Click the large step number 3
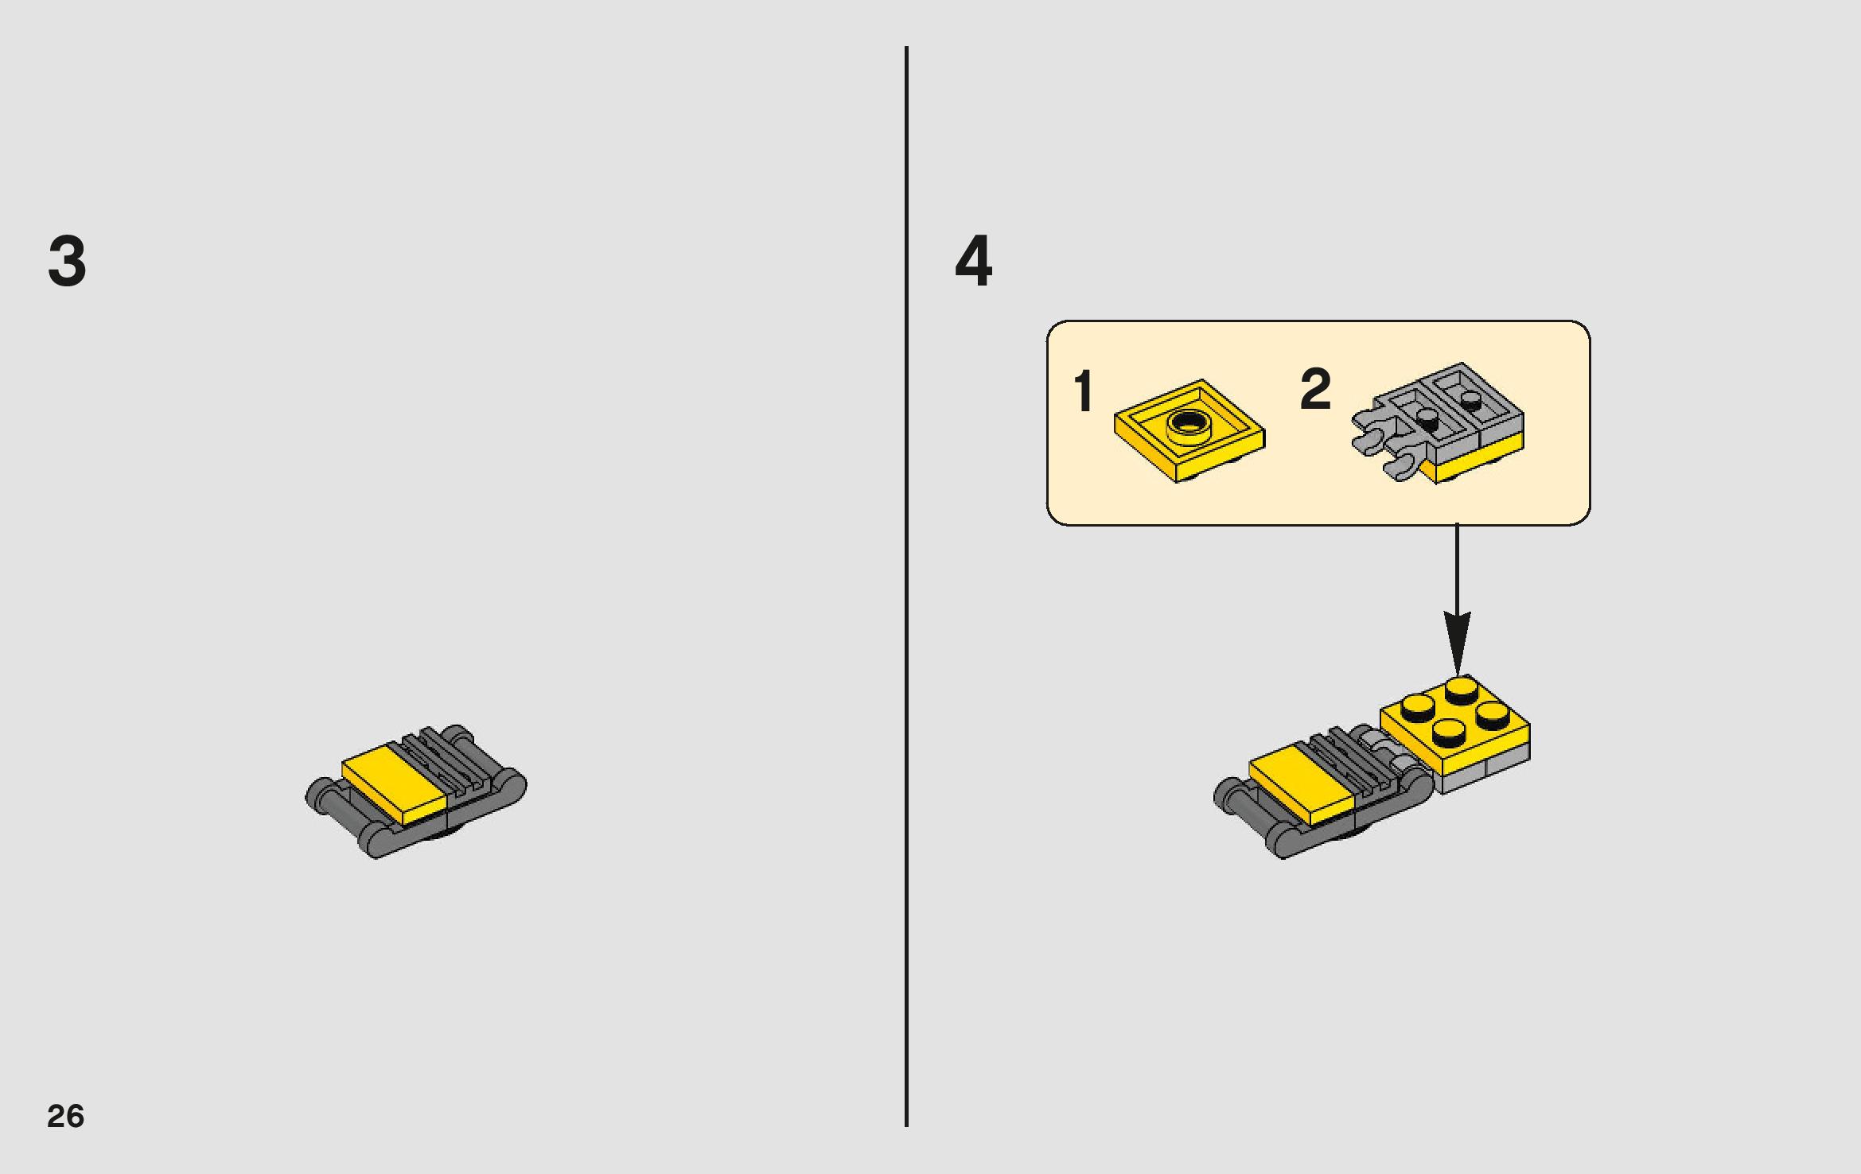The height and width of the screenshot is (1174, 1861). click(x=67, y=262)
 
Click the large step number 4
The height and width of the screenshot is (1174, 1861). click(x=974, y=261)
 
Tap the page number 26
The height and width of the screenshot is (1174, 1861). click(x=65, y=1116)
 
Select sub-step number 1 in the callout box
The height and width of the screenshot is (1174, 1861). click(x=1083, y=391)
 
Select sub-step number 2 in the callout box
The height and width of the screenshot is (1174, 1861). click(x=1315, y=389)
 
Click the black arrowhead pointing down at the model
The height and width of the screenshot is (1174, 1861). click(x=1457, y=643)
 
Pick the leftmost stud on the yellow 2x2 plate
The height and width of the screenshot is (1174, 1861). click(x=1418, y=705)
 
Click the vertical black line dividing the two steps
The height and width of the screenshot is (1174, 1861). click(x=906, y=586)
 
